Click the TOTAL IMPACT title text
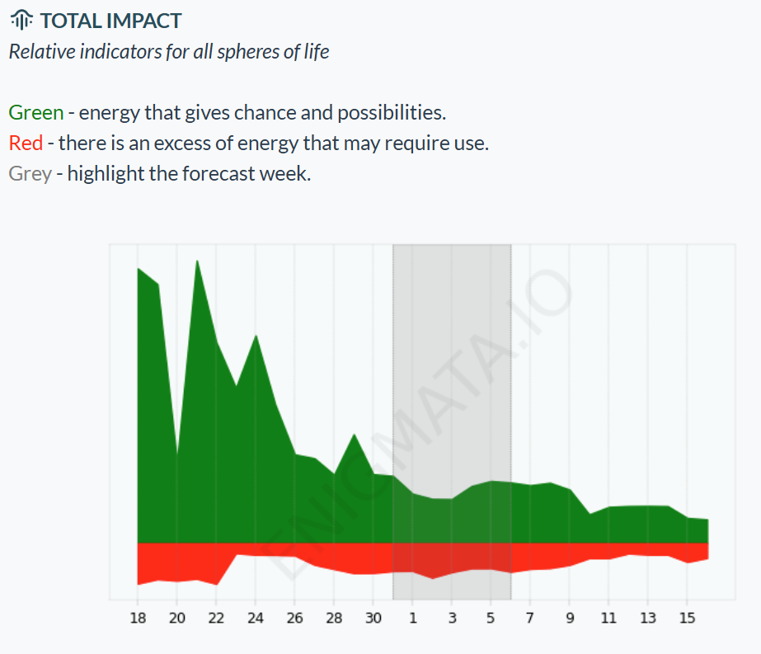[110, 21]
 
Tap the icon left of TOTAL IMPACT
[23, 21]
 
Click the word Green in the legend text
[35, 112]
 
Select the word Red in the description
[26, 144]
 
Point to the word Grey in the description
[30, 175]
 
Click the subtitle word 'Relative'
[41, 52]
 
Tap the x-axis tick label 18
[138, 618]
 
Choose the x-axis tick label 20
[177, 618]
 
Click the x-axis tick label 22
[216, 618]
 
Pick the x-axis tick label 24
[256, 618]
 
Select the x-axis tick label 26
[294, 618]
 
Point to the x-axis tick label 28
[334, 618]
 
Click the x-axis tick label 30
[373, 618]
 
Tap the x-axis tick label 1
[412, 618]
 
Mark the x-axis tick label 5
[491, 618]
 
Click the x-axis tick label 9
[569, 618]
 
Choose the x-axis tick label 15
[687, 618]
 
